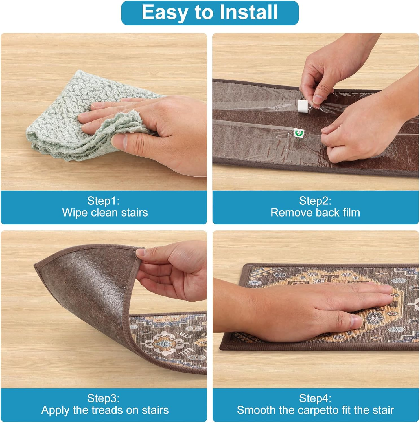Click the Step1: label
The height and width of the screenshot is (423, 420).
click(103, 201)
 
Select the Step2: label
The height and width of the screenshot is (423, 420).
click(315, 201)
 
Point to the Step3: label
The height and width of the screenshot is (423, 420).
click(103, 398)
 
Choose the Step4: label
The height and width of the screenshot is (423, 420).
click(315, 398)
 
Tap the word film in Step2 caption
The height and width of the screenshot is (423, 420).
click(350, 213)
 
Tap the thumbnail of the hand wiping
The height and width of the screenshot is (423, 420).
click(104, 112)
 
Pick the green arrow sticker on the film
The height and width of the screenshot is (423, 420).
click(297, 132)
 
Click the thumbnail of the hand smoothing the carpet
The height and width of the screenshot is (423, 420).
click(316, 309)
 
